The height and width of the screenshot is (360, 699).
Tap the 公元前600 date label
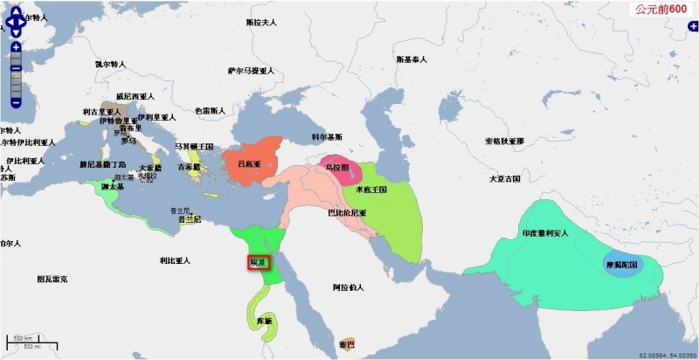(x=660, y=10)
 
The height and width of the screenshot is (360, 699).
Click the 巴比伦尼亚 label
(x=347, y=212)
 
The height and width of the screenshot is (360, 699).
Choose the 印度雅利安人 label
(x=545, y=233)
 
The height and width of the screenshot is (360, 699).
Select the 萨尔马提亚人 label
(x=250, y=71)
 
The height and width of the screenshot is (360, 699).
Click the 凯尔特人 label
(x=110, y=64)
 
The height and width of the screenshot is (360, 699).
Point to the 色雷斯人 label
(x=210, y=110)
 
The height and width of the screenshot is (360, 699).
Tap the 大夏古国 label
(x=505, y=178)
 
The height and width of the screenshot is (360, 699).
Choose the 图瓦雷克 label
(x=52, y=279)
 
